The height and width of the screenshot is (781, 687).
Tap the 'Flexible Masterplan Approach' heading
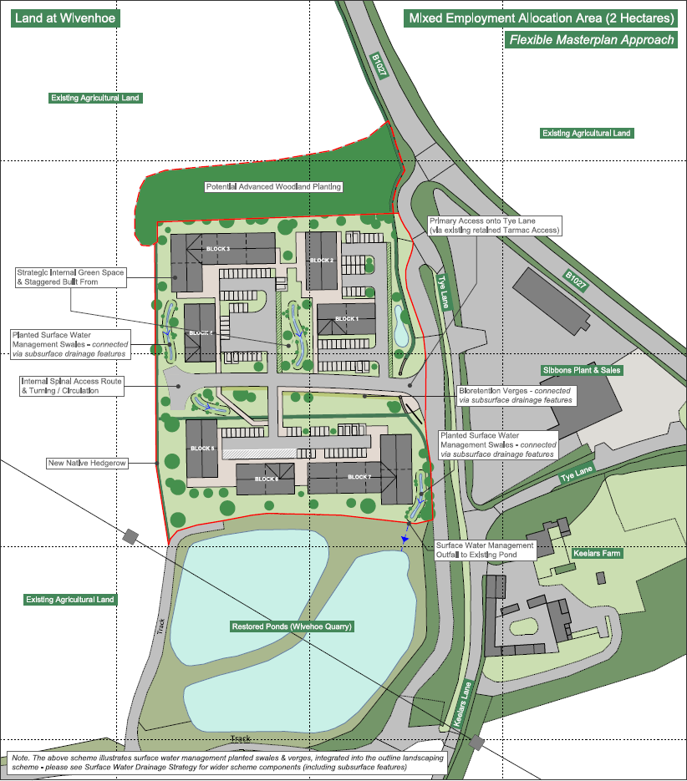[591, 40]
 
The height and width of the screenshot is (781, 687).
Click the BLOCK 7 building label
[359, 477]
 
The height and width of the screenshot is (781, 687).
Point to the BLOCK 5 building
[201, 449]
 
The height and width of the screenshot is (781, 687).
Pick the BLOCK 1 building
[346, 319]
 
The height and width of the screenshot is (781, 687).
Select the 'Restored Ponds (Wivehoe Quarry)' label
[292, 626]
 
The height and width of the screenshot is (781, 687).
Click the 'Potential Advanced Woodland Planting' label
[274, 187]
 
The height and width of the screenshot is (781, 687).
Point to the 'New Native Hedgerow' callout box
[88, 463]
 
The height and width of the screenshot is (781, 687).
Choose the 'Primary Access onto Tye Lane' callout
[494, 225]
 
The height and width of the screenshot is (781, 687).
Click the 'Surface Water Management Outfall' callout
[484, 550]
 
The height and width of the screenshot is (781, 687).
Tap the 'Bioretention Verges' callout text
[516, 395]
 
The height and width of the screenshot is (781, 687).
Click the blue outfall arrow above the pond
[404, 541]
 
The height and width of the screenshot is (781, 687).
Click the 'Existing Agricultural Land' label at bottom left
[70, 600]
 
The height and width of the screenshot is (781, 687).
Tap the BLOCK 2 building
[321, 260]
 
